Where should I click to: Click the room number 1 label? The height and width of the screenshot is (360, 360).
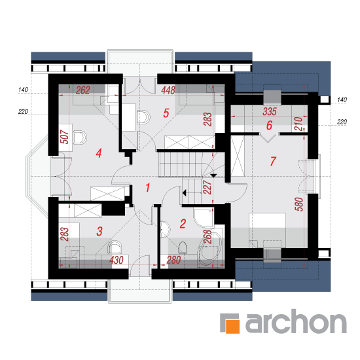point(148,187)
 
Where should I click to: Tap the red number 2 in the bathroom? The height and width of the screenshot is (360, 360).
point(183,224)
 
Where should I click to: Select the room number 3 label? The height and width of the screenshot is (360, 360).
point(99,231)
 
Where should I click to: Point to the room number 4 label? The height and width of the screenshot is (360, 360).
point(99,153)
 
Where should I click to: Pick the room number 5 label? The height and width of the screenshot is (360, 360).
point(166,113)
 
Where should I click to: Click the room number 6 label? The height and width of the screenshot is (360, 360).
point(269,126)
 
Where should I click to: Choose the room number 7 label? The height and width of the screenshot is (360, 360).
point(273,161)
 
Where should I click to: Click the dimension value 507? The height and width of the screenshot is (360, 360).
point(65,137)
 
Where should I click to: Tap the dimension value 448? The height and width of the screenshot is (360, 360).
point(168,90)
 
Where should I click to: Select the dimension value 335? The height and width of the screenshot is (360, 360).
point(270,111)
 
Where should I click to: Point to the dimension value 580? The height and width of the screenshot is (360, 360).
point(299,204)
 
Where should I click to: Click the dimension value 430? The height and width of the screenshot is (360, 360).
point(117,261)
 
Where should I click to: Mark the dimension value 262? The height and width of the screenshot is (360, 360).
point(82,90)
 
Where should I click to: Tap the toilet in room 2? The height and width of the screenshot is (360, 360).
point(183,247)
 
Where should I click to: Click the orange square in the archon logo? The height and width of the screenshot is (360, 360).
point(232,326)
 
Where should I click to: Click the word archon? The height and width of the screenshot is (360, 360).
point(296,321)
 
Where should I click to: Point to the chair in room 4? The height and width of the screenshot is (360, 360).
point(80,137)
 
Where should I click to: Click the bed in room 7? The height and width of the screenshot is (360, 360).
point(268,230)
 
